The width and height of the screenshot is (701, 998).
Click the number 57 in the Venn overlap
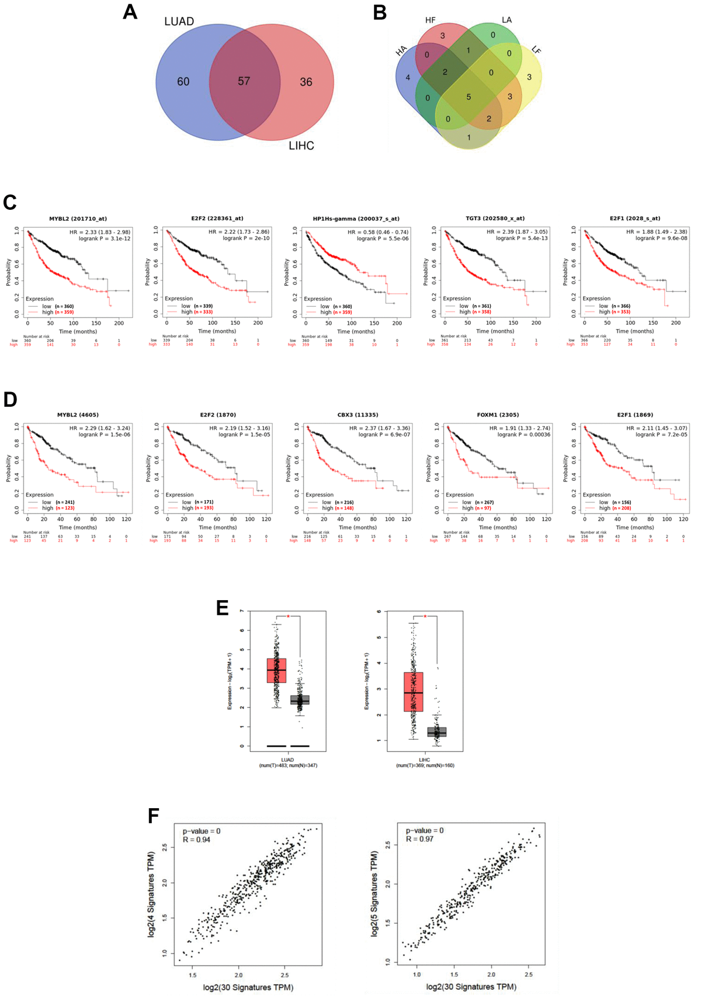point(244,81)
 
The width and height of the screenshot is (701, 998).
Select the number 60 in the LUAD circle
point(183,82)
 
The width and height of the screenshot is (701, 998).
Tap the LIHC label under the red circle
point(301,145)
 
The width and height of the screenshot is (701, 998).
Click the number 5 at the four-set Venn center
point(469,97)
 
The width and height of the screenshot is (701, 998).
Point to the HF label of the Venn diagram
point(431,20)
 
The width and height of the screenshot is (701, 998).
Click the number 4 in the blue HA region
point(408,77)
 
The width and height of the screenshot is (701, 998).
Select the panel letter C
point(9,202)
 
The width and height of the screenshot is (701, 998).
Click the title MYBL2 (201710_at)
point(78,219)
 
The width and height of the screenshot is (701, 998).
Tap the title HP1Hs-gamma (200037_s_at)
point(356,219)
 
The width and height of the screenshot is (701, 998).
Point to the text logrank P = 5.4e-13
point(522,238)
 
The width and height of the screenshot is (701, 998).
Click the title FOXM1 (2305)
point(498,415)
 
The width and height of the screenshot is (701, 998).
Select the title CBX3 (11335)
point(358,415)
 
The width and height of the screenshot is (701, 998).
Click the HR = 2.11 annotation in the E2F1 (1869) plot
point(657,428)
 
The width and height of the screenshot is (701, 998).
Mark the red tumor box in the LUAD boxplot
point(276,670)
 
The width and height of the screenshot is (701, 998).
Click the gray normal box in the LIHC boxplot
point(436,732)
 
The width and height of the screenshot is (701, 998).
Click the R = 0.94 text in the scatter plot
point(196,840)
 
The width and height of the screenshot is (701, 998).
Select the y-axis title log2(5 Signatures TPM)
point(374,894)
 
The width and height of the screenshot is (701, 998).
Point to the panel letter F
point(154,816)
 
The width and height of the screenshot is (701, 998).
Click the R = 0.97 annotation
point(419,839)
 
